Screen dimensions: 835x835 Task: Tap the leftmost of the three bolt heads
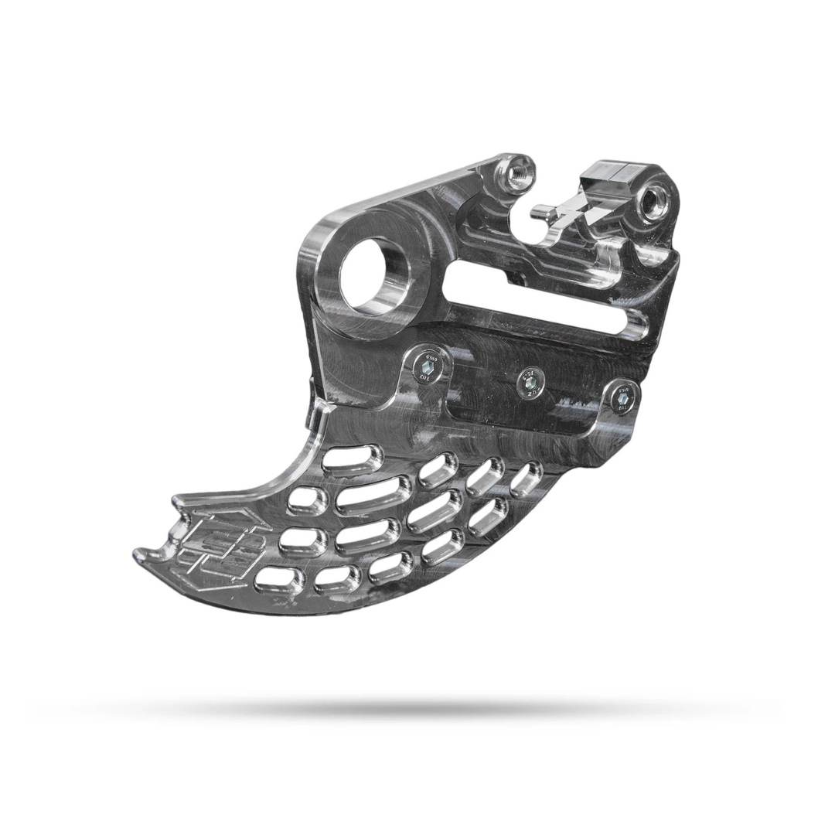click(426, 361)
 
